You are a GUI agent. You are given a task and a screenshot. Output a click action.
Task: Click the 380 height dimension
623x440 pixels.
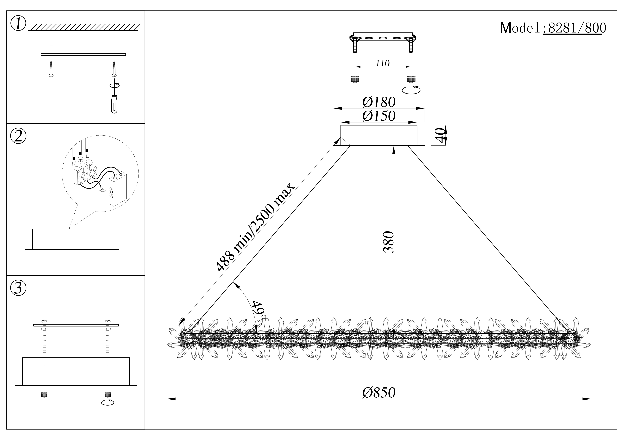pyautogui.click(x=388, y=242)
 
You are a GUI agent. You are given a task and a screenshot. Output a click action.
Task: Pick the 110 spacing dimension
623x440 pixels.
pyautogui.click(x=383, y=63)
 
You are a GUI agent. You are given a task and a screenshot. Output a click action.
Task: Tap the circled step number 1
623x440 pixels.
pyautogui.click(x=18, y=24)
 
